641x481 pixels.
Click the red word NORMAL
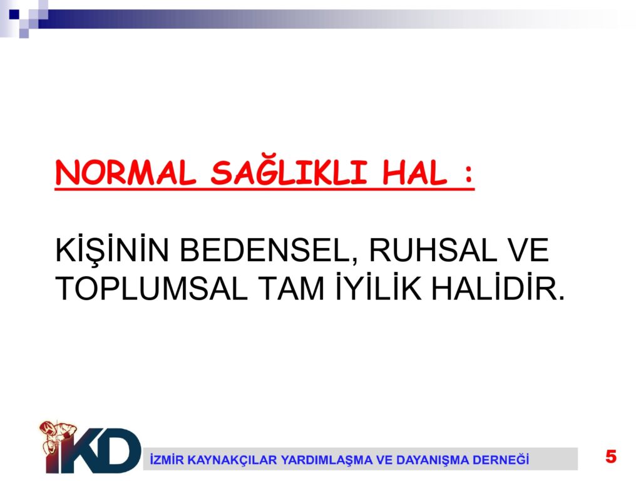125,173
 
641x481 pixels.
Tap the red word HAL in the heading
414,173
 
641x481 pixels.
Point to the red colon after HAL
468,174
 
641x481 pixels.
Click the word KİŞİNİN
111,251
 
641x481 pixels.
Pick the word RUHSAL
433,250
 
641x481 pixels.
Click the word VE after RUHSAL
527,250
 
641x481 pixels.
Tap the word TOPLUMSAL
151,289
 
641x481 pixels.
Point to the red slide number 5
611,457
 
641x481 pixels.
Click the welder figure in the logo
58,439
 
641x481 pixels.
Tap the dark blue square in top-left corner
14,14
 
